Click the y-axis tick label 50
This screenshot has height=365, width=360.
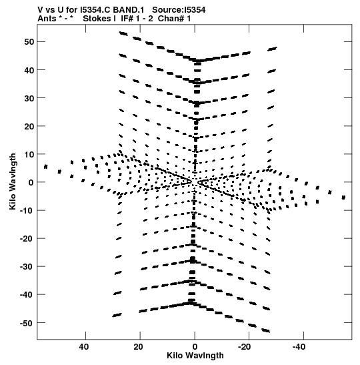click(x=29, y=42)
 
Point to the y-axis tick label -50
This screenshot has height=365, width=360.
click(x=27, y=323)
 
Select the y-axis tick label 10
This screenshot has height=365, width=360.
click(x=29, y=154)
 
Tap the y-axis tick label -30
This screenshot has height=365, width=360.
click(x=27, y=267)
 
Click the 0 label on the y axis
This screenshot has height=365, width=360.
click(x=31, y=183)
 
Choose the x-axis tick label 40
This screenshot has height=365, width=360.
click(x=84, y=347)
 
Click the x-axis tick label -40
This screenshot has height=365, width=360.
click(x=299, y=347)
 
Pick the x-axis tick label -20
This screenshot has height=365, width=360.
click(x=244, y=347)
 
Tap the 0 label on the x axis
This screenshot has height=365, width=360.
click(x=195, y=347)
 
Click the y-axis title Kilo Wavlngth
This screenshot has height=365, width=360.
click(x=13, y=181)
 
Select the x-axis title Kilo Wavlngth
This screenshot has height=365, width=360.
click(x=195, y=356)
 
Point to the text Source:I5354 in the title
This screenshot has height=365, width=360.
click(x=179, y=10)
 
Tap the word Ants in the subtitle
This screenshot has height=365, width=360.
click(x=47, y=19)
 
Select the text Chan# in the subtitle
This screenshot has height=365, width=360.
click(x=171, y=19)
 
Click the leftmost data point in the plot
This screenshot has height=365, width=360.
click(x=46, y=167)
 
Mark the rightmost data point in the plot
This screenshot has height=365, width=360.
click(x=343, y=198)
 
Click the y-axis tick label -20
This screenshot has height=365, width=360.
click(x=27, y=239)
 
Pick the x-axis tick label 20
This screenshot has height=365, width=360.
click(x=138, y=347)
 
